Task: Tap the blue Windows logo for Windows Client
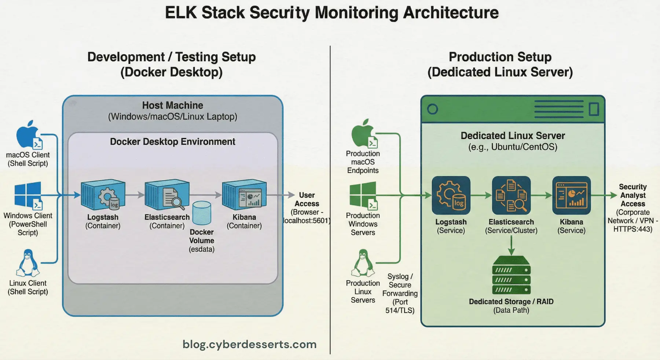28,195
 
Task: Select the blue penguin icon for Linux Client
28,263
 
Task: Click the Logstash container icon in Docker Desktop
103,195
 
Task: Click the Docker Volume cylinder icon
202,213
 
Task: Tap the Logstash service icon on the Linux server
451,195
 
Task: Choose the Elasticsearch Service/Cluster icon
511,195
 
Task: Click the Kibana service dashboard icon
571,195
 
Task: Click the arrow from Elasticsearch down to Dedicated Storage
511,246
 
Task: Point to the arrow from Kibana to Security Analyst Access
604,195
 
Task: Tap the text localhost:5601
307,221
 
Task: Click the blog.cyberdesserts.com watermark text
249,344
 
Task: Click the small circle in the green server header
433,109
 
